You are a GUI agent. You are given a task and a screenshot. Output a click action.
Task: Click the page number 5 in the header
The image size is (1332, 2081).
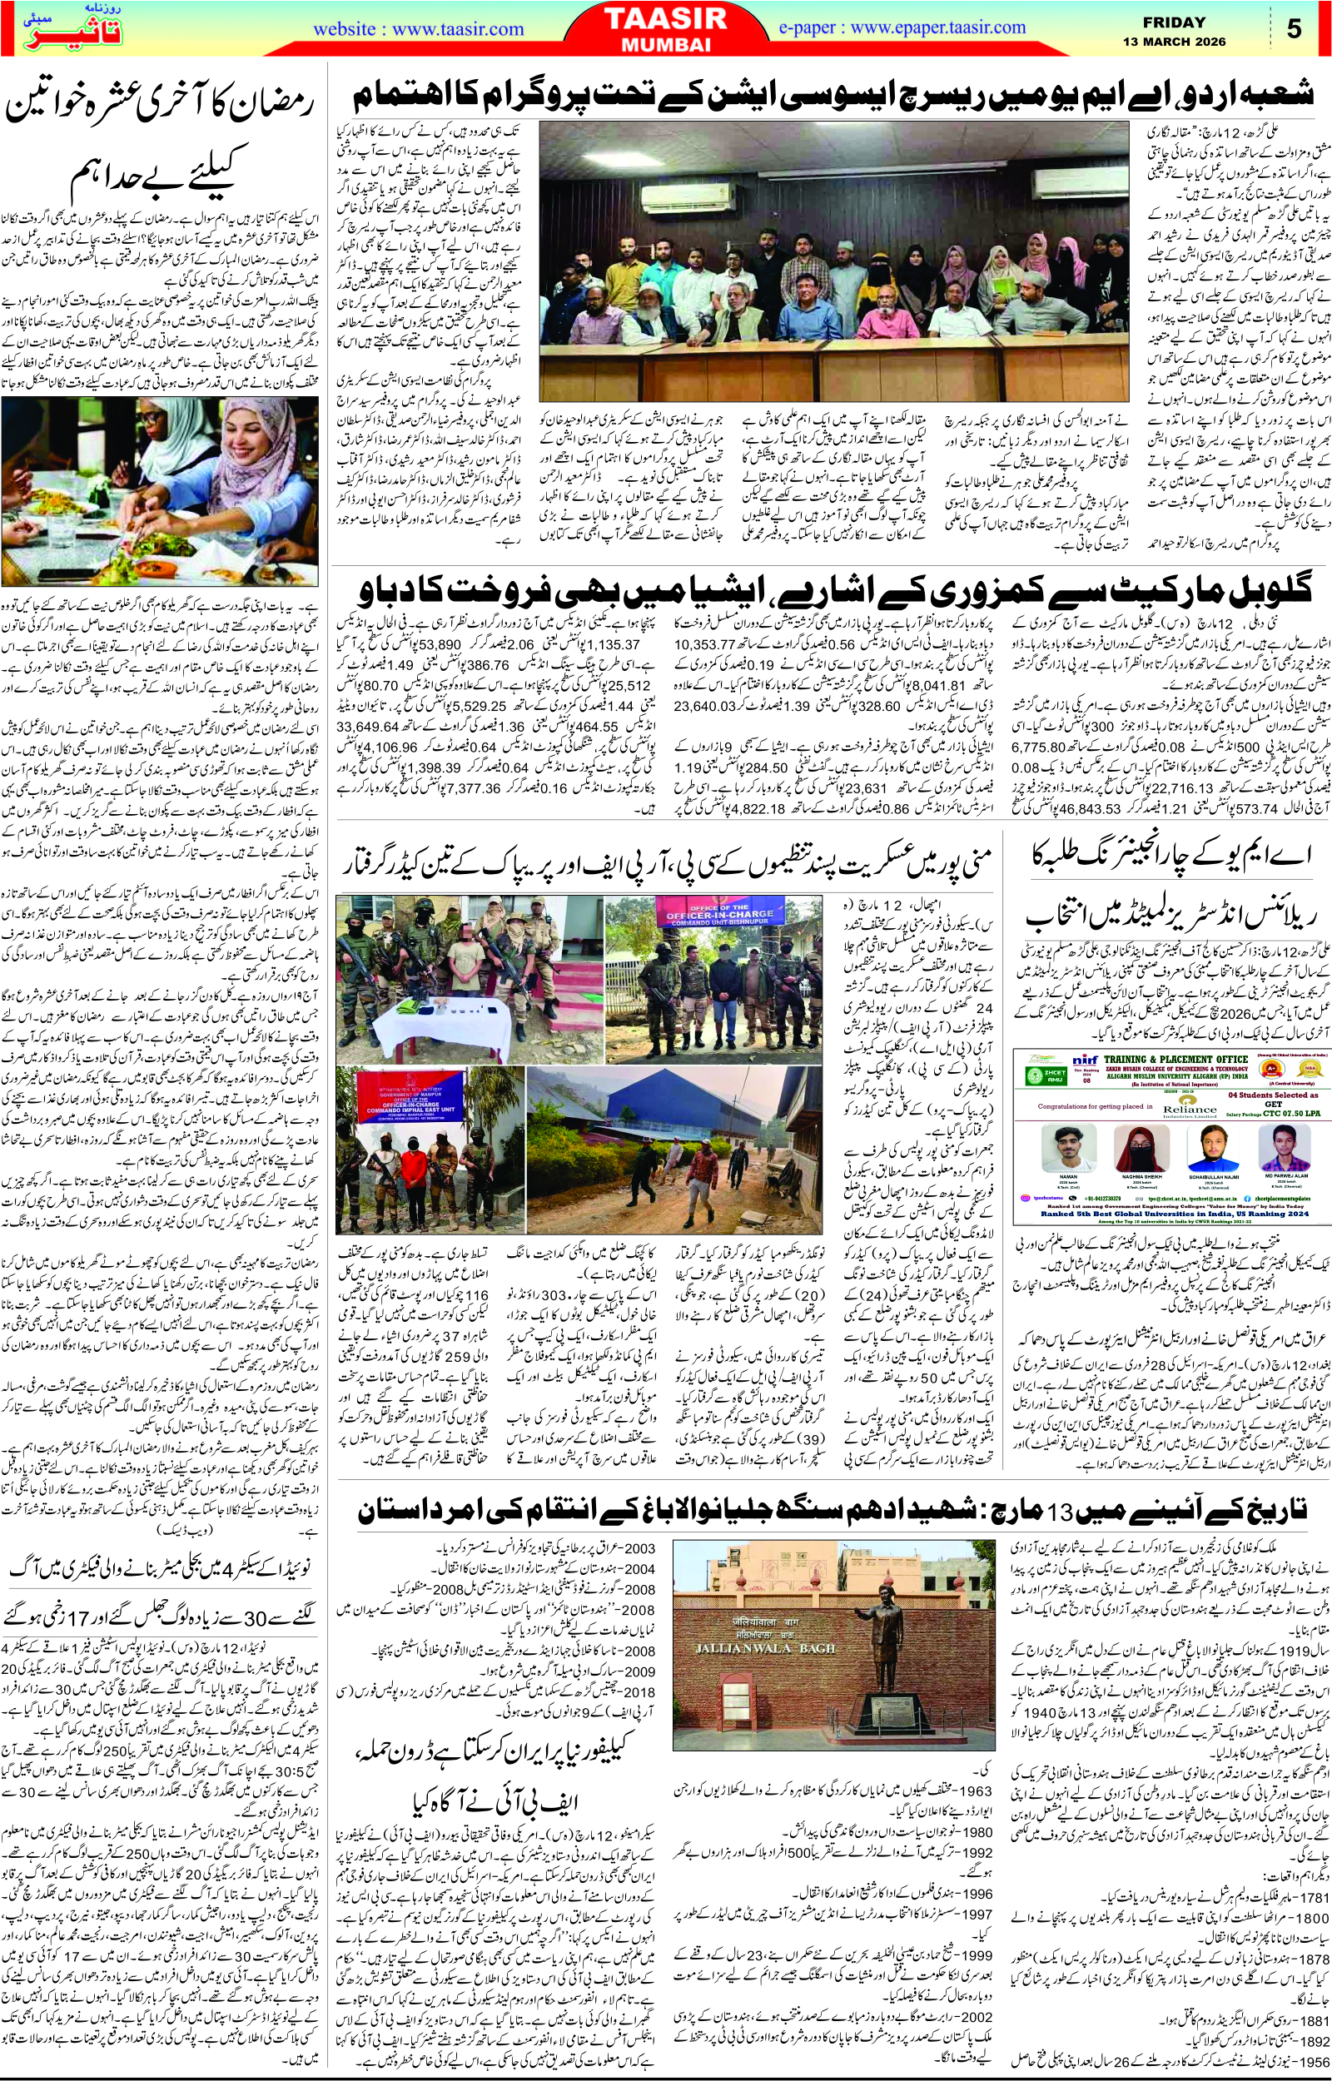click(1294, 27)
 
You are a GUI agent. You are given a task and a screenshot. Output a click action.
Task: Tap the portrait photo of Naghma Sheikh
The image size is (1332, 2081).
click(1136, 1155)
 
